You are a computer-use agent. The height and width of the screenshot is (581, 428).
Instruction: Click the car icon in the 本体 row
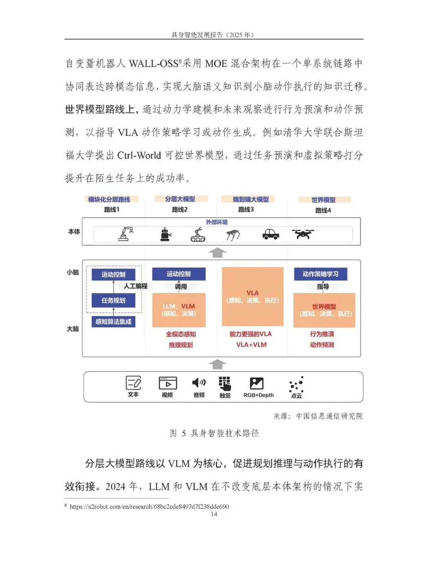pos(271,234)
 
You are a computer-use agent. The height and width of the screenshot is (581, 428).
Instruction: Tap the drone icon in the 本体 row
pos(303,234)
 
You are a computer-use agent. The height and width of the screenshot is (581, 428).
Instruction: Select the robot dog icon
pos(233,235)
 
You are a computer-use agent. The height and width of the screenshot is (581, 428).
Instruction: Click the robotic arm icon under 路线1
pos(126,234)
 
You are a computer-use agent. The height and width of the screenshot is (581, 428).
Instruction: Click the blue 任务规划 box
pos(113,300)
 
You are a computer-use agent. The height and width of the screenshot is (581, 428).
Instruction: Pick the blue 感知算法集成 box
pos(113,321)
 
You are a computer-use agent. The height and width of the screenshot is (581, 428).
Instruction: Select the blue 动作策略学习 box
pos(320,274)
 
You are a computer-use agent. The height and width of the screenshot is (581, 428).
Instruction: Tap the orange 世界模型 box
pos(324,310)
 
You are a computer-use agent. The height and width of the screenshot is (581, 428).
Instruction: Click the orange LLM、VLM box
pos(179,310)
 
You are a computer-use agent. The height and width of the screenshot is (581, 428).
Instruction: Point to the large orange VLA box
pos(252,296)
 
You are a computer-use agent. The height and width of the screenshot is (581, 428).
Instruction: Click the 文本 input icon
pos(133,383)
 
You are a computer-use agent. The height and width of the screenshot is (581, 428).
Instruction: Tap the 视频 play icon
pos(168,383)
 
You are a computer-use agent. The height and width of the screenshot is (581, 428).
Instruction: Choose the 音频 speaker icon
pos(199,382)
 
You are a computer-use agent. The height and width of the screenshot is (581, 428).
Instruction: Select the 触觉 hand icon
pos(225,383)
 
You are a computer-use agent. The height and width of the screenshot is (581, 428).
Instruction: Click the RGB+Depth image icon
pos(257,383)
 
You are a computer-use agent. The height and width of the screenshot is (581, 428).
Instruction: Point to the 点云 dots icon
pos(296,384)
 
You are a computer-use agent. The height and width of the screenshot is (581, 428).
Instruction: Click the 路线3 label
pos(246,210)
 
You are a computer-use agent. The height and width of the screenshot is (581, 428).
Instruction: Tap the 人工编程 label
pos(135,286)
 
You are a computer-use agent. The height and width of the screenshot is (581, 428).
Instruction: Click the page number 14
pos(214,514)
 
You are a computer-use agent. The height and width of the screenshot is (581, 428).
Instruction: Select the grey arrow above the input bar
pos(217,364)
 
